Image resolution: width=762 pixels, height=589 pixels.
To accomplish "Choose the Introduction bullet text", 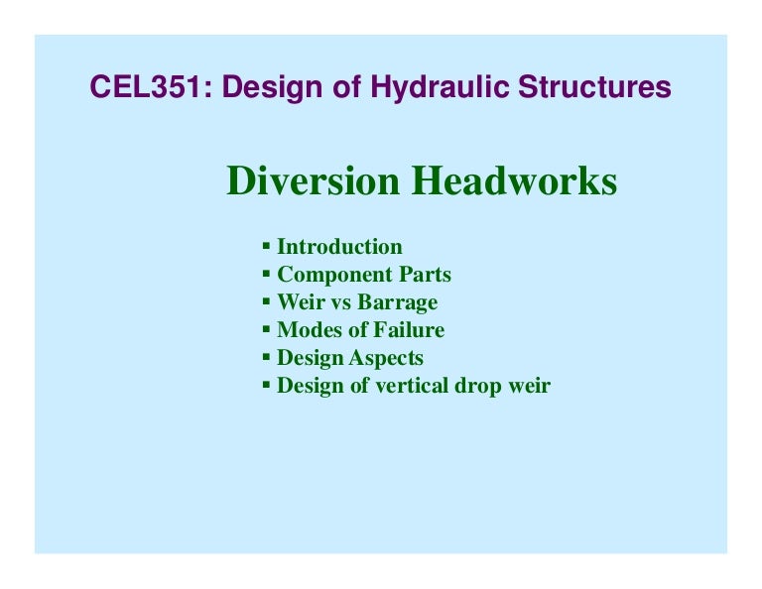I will point(339,247).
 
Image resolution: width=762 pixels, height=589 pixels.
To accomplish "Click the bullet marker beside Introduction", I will point(266,244).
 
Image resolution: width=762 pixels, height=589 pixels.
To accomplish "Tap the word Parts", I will point(423,275).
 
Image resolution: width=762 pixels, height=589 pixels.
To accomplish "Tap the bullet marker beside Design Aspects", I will point(266,355).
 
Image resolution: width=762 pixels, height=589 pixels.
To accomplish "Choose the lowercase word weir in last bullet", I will point(529,386).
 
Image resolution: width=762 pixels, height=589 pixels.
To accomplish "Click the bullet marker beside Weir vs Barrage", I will point(266,299).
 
